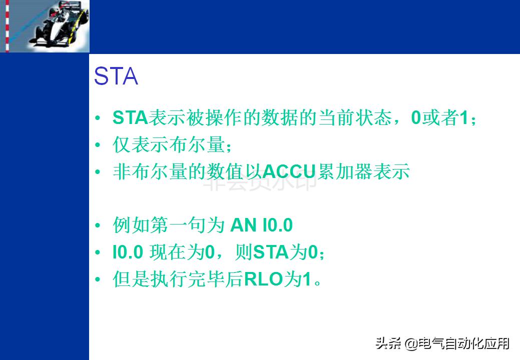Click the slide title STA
point(116,77)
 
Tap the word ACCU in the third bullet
point(289,172)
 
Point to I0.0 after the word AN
point(277,226)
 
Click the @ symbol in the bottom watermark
point(411,344)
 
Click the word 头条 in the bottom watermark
point(388,344)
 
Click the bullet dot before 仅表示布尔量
point(98,145)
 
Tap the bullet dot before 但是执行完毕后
point(98,280)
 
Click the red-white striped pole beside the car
point(7,26)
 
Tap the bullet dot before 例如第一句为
point(98,226)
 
